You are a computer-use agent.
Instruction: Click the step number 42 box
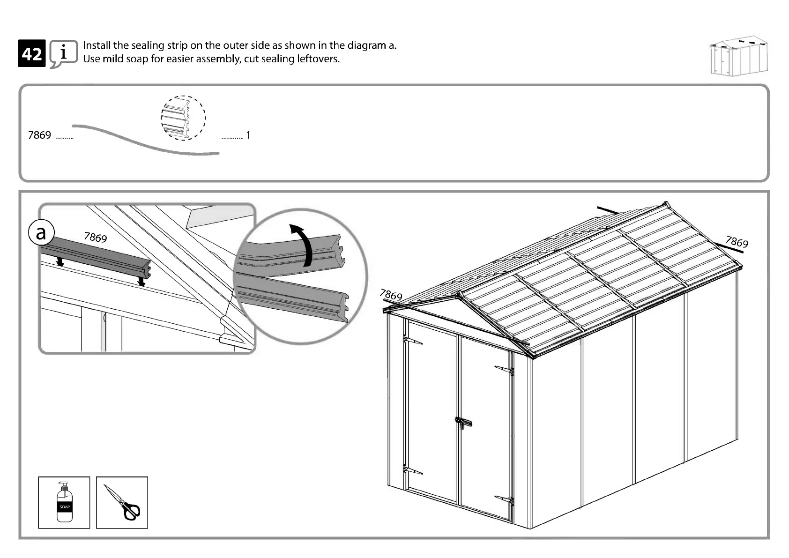[32, 53]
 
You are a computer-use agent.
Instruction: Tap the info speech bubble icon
[63, 53]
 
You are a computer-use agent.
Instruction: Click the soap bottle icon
[64, 502]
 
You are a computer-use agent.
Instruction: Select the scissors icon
[122, 503]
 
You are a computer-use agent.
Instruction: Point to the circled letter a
[41, 232]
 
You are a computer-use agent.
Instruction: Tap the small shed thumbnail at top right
[739, 57]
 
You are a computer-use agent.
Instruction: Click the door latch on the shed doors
[463, 423]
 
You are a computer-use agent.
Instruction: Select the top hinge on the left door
[412, 340]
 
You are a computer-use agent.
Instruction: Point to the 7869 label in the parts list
[39, 135]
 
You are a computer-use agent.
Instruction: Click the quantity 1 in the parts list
[248, 135]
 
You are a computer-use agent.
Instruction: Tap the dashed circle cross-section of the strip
[183, 118]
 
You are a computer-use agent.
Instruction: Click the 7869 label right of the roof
[737, 242]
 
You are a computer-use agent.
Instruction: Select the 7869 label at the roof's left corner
[391, 295]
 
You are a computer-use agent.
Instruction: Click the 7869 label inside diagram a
[96, 237]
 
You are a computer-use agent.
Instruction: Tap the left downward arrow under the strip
[60, 261]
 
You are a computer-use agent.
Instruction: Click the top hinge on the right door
[505, 370]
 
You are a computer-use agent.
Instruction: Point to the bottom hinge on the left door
[412, 469]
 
